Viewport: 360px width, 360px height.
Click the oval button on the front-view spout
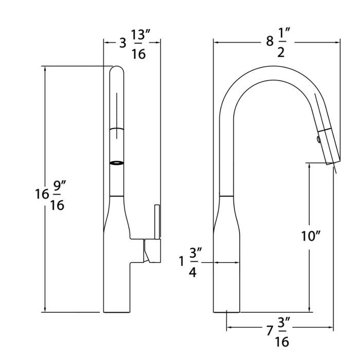tap(117, 163)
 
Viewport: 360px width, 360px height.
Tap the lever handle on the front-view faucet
tap(157, 221)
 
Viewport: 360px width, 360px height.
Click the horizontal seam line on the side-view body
tap(226, 196)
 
